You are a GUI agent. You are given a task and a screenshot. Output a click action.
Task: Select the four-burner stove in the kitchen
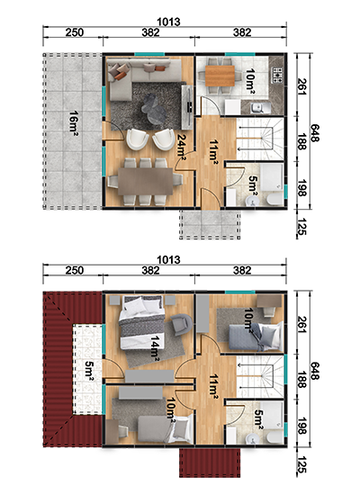tap(278, 76)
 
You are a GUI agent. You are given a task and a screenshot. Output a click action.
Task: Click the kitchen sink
tap(259, 108)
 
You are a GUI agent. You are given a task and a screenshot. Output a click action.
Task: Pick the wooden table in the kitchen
tap(220, 76)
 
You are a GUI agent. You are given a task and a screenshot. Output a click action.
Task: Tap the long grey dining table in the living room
tap(146, 182)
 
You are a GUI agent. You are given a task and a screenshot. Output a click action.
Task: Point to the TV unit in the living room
tap(187, 107)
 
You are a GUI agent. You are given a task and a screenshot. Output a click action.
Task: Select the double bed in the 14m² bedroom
tap(142, 322)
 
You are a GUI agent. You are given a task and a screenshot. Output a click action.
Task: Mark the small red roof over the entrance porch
tap(210, 463)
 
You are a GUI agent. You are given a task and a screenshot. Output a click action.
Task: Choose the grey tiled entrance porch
tap(210, 224)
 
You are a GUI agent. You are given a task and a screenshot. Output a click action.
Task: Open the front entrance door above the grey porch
tap(210, 199)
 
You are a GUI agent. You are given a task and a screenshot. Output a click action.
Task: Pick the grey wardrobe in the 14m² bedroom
tap(149, 376)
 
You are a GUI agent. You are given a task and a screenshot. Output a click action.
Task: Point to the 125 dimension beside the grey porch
tap(302, 227)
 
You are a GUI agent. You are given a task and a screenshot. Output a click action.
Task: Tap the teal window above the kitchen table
tap(240, 54)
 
